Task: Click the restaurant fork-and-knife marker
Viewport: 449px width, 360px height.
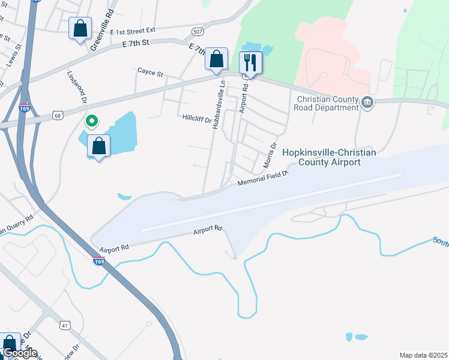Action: [250, 62]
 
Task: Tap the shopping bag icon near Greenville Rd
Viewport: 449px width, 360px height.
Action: [80, 29]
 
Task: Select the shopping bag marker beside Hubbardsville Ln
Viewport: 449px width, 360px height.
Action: [217, 59]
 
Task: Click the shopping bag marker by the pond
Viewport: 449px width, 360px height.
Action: [98, 146]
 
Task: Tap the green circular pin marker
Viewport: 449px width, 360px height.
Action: [92, 122]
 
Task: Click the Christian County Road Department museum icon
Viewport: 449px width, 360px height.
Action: [368, 104]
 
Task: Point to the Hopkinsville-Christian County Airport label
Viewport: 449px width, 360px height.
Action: [328, 158]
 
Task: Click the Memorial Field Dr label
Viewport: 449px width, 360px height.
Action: [264, 178]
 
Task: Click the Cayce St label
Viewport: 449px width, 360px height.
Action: [150, 72]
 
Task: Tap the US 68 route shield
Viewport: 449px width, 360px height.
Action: [56, 114]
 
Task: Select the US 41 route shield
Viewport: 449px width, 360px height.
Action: [65, 325]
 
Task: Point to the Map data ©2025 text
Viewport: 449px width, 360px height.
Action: [423, 355]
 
